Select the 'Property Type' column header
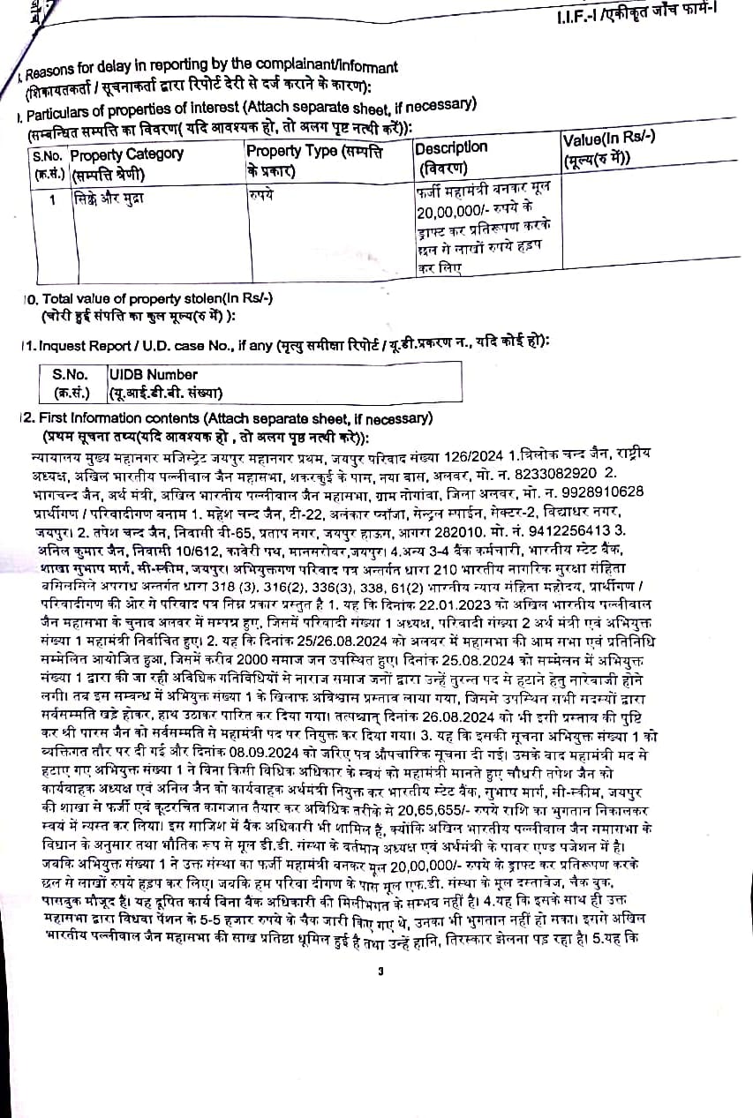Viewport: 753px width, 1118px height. [x=314, y=152]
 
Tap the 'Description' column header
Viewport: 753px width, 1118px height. [x=451, y=147]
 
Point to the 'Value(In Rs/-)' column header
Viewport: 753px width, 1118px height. [x=608, y=141]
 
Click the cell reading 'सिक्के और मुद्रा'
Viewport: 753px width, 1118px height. [x=109, y=199]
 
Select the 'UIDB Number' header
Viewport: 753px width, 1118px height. [x=153, y=375]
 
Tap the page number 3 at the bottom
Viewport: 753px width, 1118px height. [x=380, y=972]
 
